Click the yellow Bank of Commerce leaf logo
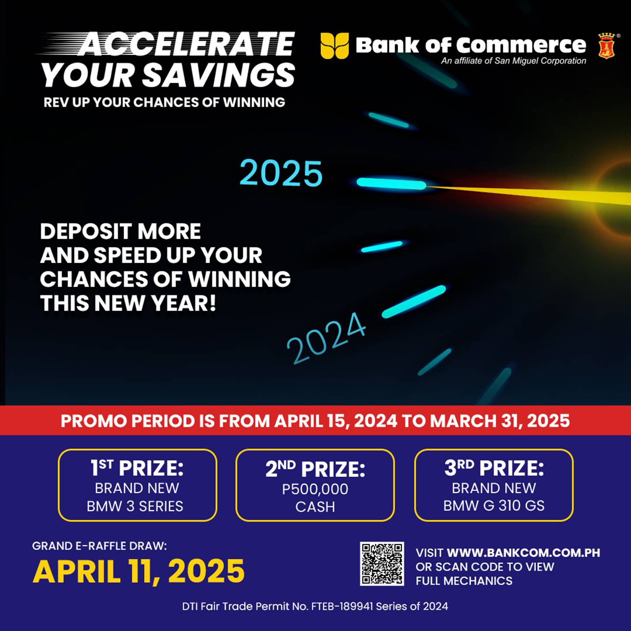click(x=334, y=46)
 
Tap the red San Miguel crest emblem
click(x=606, y=46)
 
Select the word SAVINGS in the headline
click(x=219, y=75)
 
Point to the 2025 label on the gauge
click(x=281, y=173)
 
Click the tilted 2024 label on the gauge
click(x=326, y=338)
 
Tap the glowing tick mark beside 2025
click(x=391, y=184)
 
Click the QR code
click(x=382, y=564)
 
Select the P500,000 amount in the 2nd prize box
click(x=315, y=489)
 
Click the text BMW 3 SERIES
click(x=135, y=506)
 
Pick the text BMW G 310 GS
click(x=494, y=506)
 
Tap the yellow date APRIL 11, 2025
click(x=138, y=571)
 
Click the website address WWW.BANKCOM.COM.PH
click(x=524, y=553)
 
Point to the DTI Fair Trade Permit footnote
click(x=315, y=606)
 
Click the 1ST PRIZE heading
click(x=137, y=468)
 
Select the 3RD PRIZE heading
click(x=494, y=468)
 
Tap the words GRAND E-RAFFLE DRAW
click(x=99, y=546)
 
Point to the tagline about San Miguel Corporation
click(x=514, y=61)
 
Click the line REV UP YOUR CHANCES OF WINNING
click(x=164, y=102)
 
